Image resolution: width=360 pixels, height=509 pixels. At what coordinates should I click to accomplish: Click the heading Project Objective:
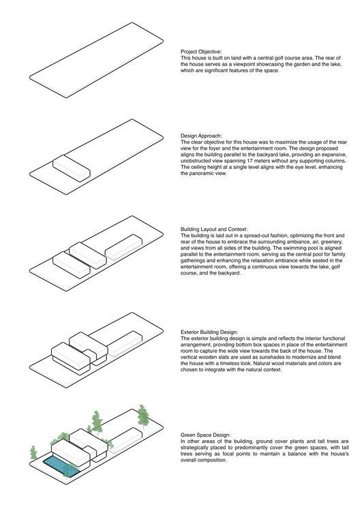201,52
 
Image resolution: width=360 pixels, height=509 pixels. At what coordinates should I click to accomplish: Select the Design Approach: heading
201,136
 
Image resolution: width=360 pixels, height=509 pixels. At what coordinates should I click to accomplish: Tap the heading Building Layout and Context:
214,229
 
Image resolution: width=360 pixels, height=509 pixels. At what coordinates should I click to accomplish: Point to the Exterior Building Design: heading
209,332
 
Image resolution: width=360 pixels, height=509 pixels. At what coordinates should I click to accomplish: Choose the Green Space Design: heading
206,435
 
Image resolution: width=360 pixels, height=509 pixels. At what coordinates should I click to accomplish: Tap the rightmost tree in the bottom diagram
143,416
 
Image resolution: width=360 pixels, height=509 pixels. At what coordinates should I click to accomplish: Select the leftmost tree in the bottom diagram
33,453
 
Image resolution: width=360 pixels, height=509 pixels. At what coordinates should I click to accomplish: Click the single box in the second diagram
71,168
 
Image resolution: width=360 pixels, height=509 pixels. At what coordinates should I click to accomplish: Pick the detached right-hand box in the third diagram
123,247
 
